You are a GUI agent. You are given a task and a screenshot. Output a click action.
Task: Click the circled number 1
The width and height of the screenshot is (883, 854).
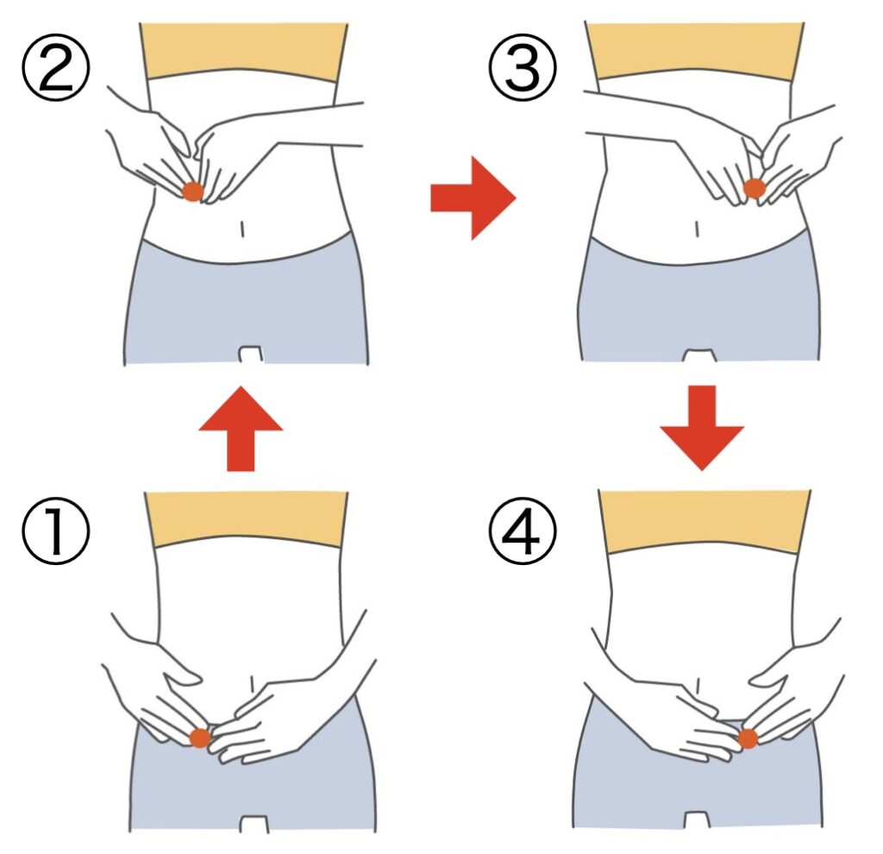click(55, 531)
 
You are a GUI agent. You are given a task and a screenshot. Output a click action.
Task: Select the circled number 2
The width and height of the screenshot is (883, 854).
click(55, 67)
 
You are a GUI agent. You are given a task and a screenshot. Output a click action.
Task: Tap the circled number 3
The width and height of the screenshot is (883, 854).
click(523, 67)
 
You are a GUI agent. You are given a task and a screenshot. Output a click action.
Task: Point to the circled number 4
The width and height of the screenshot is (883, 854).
click(523, 531)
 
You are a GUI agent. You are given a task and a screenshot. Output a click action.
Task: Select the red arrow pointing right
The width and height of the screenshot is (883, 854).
click(473, 198)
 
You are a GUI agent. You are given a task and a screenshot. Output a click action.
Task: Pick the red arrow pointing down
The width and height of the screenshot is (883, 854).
click(702, 428)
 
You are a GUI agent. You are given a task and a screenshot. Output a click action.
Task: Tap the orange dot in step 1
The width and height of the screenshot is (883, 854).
click(200, 738)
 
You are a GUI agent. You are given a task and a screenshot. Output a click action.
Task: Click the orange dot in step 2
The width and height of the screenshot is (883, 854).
click(192, 192)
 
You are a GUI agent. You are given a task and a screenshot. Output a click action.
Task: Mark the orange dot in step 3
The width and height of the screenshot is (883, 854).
click(755, 189)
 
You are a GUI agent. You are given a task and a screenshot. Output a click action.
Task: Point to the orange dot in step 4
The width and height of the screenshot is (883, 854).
click(748, 738)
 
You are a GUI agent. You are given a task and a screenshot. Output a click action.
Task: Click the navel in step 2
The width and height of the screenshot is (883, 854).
click(242, 229)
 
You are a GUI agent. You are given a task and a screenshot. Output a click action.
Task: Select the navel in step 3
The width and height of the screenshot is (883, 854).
click(698, 229)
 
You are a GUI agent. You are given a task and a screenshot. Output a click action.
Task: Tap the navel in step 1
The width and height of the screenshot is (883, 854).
click(253, 682)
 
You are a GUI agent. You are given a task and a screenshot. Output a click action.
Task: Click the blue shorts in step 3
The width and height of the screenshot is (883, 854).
click(698, 305)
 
